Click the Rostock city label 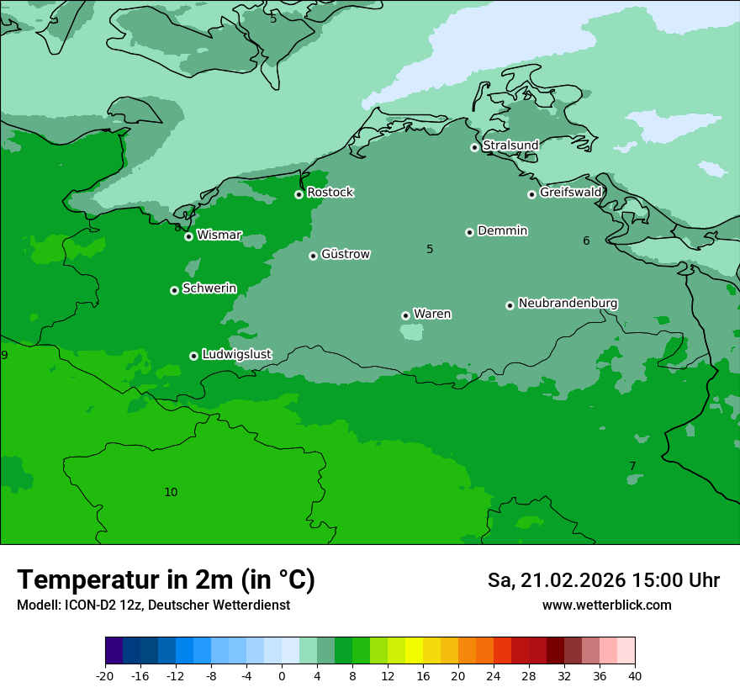[330, 193]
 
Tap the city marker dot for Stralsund [474, 147]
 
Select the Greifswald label [570, 193]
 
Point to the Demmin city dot [469, 232]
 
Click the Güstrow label [345, 254]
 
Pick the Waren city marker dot [405, 315]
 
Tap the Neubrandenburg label [568, 303]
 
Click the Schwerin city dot [174, 290]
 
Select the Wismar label [219, 235]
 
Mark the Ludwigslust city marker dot [193, 356]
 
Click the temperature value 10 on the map [171, 492]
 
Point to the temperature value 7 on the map [632, 466]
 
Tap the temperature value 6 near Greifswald [586, 241]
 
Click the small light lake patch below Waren [411, 332]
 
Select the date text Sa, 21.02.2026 [558, 580]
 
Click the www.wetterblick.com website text [606, 605]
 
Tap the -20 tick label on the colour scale [105, 675]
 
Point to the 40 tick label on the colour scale [635, 675]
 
